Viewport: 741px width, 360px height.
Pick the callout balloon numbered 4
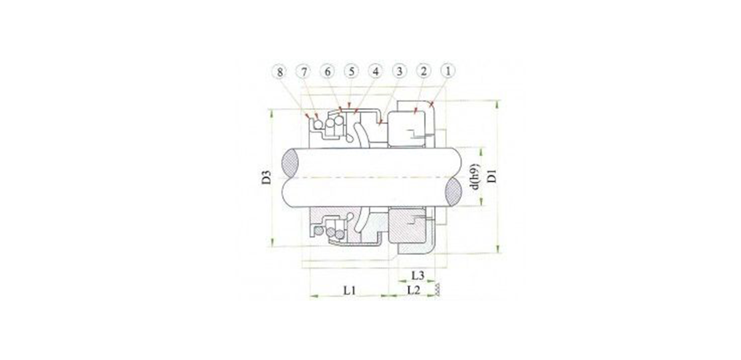point(375,71)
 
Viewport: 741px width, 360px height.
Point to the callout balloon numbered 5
point(351,71)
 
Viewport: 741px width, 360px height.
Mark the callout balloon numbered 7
point(303,72)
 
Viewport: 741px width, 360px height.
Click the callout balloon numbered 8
point(280,72)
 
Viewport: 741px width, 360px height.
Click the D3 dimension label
point(266,177)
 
